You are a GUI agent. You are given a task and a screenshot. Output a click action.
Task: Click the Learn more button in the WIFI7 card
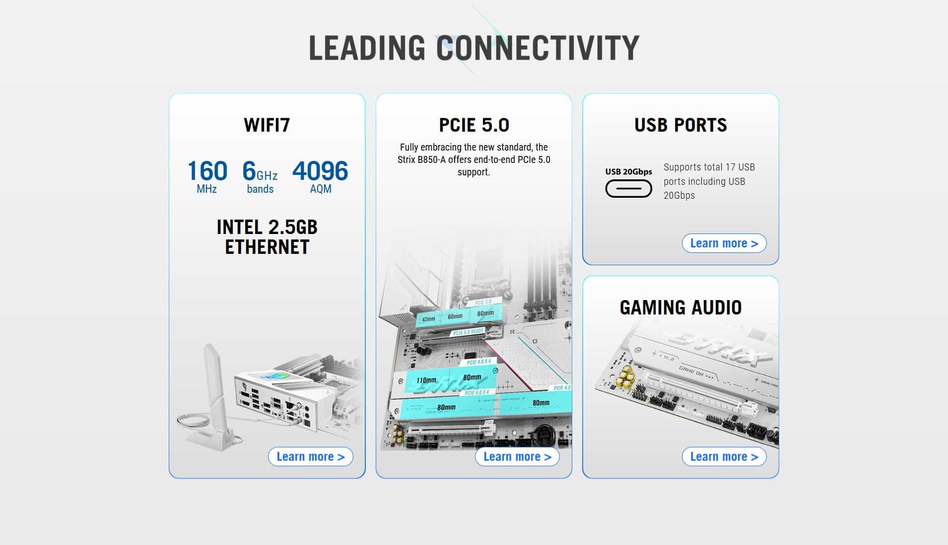[x=310, y=457]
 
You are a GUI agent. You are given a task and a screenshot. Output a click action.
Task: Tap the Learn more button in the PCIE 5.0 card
[x=517, y=457]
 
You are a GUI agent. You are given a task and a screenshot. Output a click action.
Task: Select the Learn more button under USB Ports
[x=724, y=243]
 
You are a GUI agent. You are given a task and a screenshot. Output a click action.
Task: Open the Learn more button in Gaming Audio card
[x=724, y=457]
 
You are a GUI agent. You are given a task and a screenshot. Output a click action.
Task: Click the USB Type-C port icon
[x=628, y=189]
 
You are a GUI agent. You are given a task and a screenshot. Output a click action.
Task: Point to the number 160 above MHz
[x=207, y=171]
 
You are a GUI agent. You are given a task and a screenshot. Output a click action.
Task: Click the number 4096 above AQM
[x=320, y=171]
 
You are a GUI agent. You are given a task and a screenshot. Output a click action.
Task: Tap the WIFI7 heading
[x=267, y=125]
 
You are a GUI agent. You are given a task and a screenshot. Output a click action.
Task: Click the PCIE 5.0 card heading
[x=474, y=125]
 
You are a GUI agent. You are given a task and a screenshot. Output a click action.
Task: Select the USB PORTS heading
[x=680, y=125]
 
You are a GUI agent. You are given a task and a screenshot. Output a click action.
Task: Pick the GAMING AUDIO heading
[x=680, y=308]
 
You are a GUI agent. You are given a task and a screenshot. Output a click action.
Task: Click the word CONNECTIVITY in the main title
[x=538, y=48]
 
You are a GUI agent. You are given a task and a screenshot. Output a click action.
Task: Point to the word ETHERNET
[x=267, y=247]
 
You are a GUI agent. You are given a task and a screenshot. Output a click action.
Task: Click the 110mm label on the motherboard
[x=426, y=381]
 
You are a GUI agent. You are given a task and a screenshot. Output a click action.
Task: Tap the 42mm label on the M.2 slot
[x=428, y=319]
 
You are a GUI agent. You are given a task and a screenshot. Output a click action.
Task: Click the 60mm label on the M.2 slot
[x=455, y=316]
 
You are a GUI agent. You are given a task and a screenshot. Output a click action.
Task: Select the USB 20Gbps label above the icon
[x=628, y=172]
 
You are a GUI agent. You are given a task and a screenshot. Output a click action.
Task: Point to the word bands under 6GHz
[x=260, y=189]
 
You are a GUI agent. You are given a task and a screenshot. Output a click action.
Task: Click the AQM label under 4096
[x=321, y=189]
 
